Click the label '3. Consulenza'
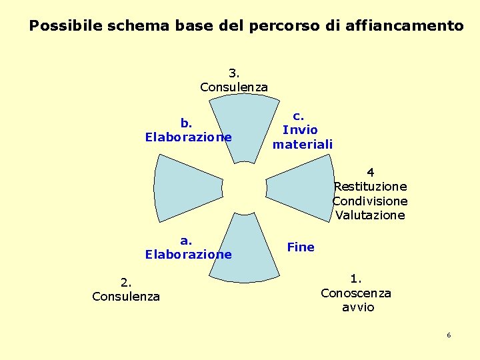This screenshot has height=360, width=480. pyautogui.click(x=234, y=80)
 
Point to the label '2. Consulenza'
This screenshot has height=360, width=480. pyautogui.click(x=126, y=290)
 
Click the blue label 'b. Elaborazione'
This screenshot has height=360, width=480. pyautogui.click(x=188, y=130)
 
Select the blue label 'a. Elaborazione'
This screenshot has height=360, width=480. pyautogui.click(x=188, y=247)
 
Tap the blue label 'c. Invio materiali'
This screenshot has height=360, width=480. pyautogui.click(x=302, y=130)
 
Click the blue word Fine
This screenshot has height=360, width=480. pyautogui.click(x=300, y=247)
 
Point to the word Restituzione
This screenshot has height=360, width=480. pyautogui.click(x=370, y=187)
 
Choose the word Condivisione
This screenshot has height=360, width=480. pyautogui.click(x=370, y=201)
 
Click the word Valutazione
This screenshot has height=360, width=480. pyautogui.click(x=370, y=215)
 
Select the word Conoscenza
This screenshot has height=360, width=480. pyautogui.click(x=356, y=293)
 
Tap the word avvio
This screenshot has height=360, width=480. pyautogui.click(x=358, y=307)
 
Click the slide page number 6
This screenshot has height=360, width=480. pyautogui.click(x=449, y=335)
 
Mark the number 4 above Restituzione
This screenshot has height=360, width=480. pyautogui.click(x=370, y=173)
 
